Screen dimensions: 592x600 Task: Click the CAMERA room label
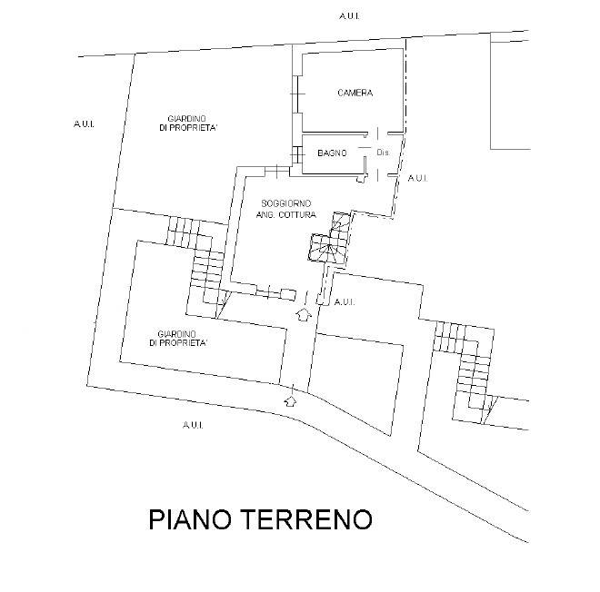coord(355,94)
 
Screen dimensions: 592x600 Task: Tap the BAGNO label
coord(332,153)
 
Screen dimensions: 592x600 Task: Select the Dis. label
coord(382,153)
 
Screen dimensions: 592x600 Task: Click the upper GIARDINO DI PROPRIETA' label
coord(186,124)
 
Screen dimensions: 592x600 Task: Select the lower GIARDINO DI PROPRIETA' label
coord(183,338)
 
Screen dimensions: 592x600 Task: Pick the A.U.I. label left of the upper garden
coord(85,123)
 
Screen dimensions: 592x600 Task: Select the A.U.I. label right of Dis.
coord(417,178)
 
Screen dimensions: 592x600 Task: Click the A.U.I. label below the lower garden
coord(191,424)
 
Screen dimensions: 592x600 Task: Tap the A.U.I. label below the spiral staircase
coord(345,301)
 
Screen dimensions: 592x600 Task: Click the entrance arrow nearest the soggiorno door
coord(305,314)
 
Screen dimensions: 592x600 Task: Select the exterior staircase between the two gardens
coord(201,260)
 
